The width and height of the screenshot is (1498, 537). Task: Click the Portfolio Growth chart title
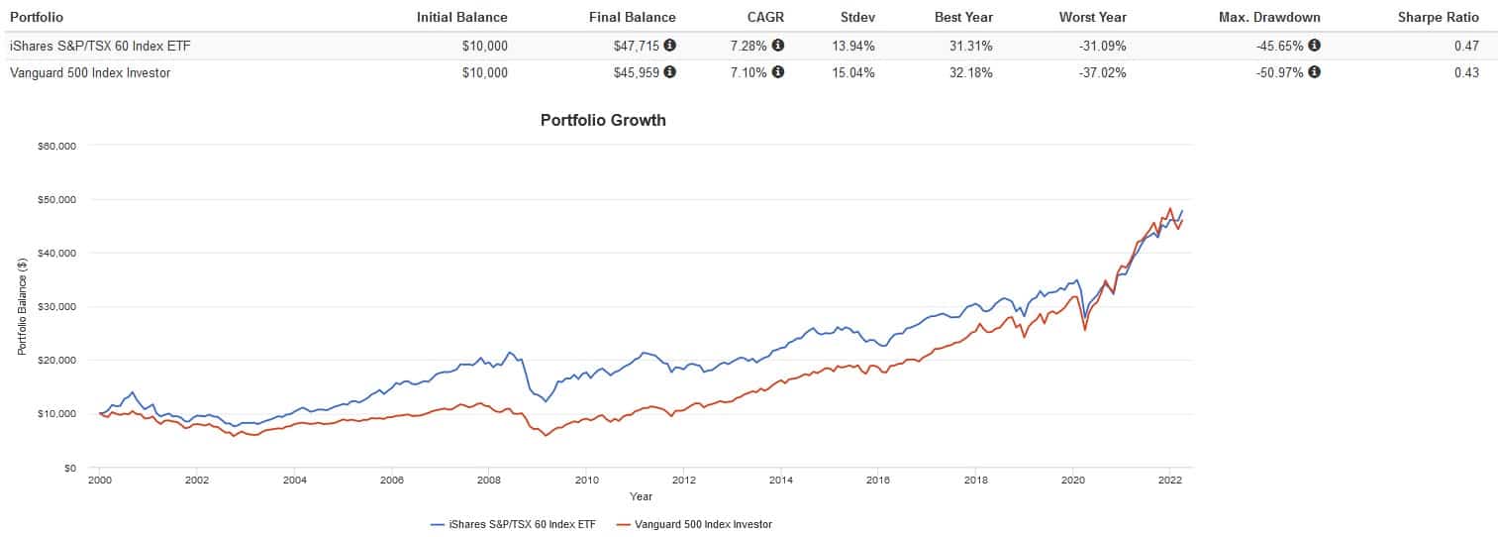click(603, 120)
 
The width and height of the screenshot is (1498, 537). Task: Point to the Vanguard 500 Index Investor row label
click(90, 72)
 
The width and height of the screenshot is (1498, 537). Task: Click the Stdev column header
click(857, 17)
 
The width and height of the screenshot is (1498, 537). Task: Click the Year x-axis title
click(641, 496)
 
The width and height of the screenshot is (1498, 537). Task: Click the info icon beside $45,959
click(670, 72)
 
